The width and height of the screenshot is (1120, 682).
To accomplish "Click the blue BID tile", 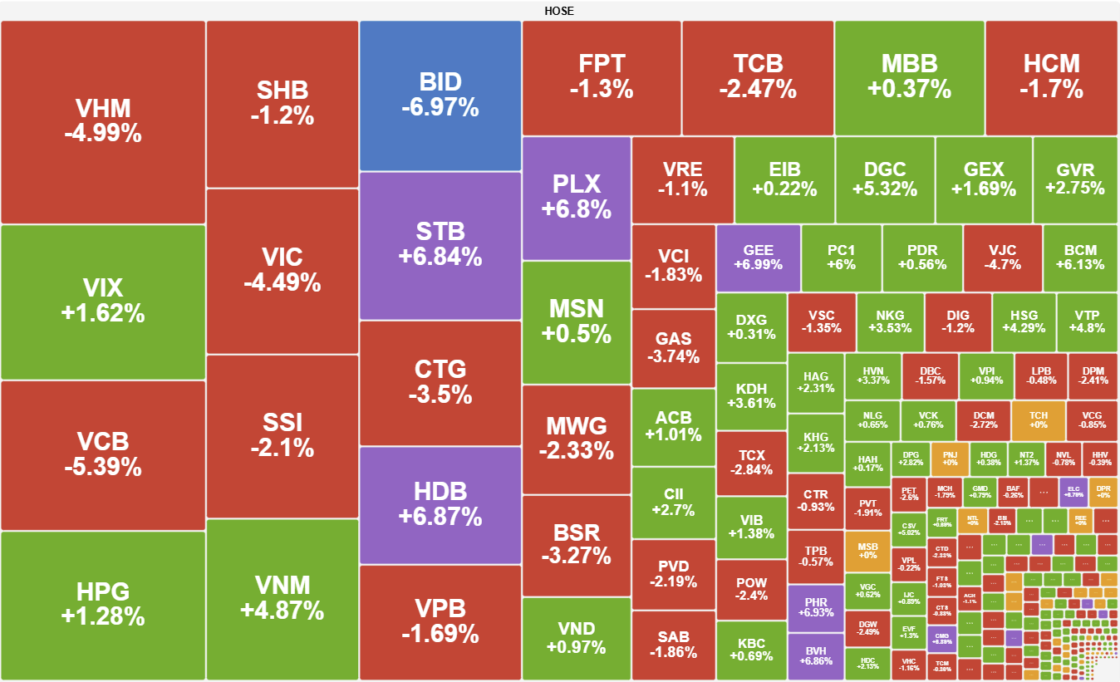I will point(440,95).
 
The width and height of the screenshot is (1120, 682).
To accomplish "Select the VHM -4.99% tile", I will point(103,121).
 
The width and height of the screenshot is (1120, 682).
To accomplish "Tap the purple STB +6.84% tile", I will point(440,244).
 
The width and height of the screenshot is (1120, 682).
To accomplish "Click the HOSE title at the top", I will point(559,11).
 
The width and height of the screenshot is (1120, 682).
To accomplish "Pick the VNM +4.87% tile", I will point(282,597).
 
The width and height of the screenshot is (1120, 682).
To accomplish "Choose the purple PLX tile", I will point(576,197).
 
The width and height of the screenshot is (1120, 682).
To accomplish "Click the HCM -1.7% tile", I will point(1051,76).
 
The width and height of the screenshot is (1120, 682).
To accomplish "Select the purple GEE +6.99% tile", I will point(758,257).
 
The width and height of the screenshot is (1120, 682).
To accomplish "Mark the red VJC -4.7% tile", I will point(1002,257).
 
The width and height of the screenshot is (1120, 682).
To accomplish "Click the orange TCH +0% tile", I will point(1038,420).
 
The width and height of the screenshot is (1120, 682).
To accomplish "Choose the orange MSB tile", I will point(867,550).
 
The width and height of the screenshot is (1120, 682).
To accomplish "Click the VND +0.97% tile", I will point(576,637).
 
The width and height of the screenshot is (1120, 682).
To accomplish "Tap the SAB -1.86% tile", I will point(673,645).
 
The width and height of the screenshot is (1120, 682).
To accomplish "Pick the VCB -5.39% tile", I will point(103,454).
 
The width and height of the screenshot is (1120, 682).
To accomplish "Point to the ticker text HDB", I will point(440,490).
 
